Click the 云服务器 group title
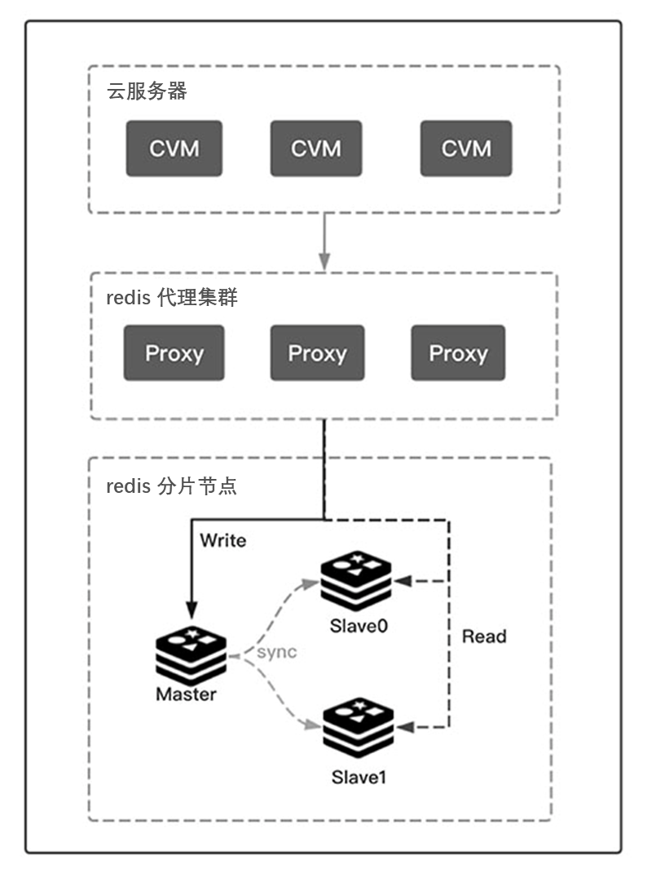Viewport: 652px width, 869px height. pos(148,91)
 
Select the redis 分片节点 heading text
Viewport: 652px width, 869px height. pos(171,487)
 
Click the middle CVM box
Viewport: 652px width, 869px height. pos(316,149)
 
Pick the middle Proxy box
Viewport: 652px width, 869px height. pos(317,353)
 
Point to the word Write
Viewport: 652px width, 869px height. pos(222,540)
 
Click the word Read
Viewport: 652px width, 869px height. pos(484,636)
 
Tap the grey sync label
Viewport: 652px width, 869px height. pos(277,653)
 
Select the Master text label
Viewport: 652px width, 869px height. pos(187,695)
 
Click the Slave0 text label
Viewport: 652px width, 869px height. pos(357,627)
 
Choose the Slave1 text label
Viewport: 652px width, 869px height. pos(359,778)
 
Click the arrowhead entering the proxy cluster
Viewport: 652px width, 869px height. pos(324,264)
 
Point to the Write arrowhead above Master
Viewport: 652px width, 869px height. pos(191,610)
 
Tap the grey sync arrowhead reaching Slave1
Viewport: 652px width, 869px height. pos(313,725)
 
